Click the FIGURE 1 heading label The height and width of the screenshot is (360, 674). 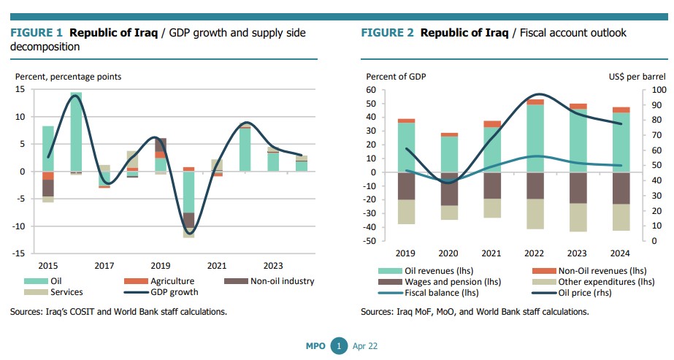pyautogui.click(x=37, y=33)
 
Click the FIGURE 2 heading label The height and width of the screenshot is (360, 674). pyautogui.click(x=388, y=33)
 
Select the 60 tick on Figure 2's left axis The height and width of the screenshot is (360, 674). pyautogui.click(x=371, y=90)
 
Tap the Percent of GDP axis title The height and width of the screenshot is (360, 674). pyautogui.click(x=396, y=76)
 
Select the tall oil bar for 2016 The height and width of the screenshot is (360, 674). pyautogui.click(x=76, y=131)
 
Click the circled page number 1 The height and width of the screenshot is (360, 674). pyautogui.click(x=338, y=345)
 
